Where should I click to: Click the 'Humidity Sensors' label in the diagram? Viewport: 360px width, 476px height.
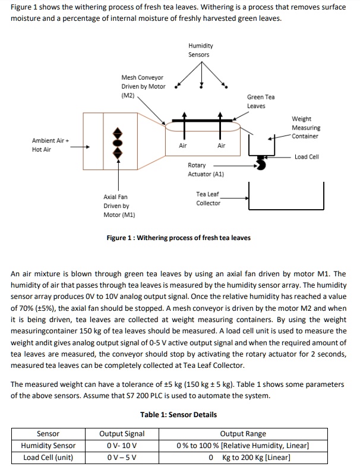(x=200, y=50)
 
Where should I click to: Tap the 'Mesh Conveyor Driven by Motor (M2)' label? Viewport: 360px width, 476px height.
(x=143, y=86)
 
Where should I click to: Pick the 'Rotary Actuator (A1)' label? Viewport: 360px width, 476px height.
(x=205, y=169)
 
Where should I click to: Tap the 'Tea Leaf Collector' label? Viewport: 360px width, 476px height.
(x=208, y=198)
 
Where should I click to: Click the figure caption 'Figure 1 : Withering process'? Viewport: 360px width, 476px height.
(x=178, y=238)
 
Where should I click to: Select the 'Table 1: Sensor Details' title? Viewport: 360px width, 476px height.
(x=178, y=415)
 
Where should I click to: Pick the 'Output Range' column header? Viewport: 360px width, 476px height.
(x=243, y=434)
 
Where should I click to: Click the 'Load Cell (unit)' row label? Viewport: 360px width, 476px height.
(x=48, y=457)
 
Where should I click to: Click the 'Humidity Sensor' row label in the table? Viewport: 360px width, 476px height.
(x=48, y=446)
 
